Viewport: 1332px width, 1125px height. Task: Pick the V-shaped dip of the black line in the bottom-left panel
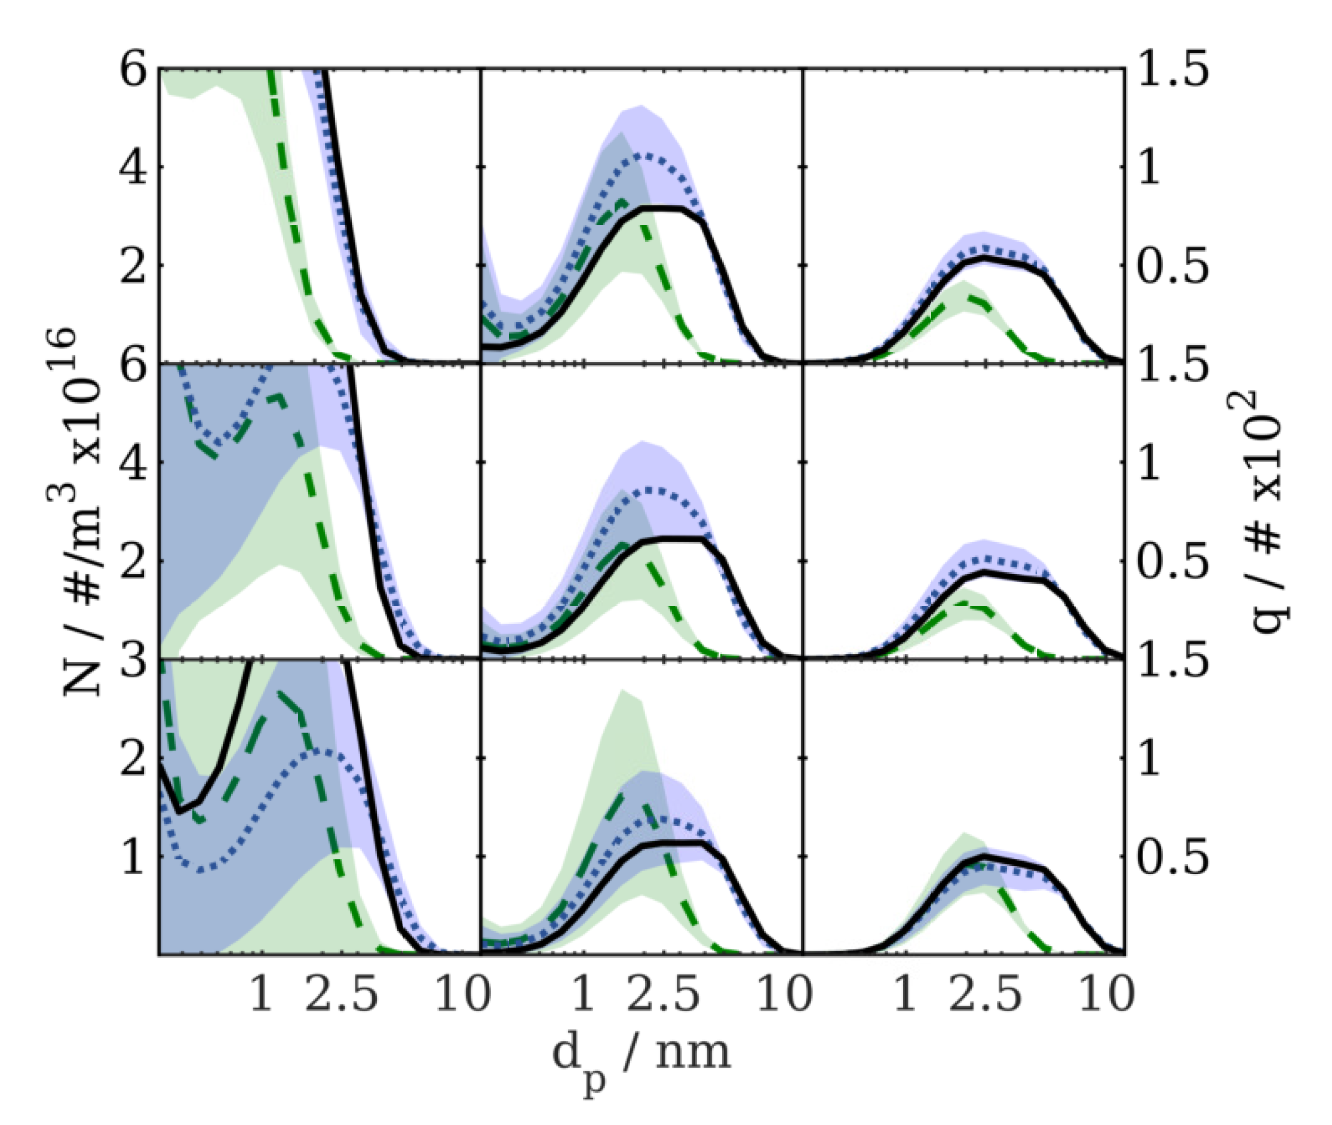180,812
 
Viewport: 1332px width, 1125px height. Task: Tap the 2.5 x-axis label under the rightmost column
986,995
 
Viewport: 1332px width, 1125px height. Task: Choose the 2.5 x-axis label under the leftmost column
341,995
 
